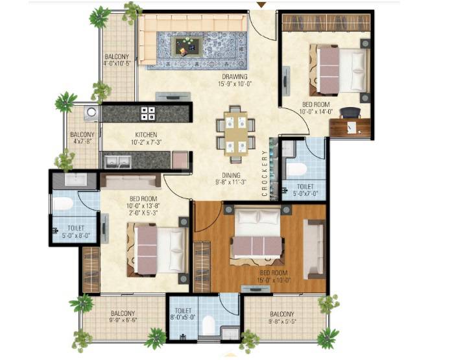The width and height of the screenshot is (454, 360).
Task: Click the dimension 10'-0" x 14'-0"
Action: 315,111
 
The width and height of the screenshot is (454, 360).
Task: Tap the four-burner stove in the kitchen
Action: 148,113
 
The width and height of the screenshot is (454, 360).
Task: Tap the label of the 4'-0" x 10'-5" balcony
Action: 117,60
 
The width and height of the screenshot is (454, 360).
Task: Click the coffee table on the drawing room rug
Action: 189,46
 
